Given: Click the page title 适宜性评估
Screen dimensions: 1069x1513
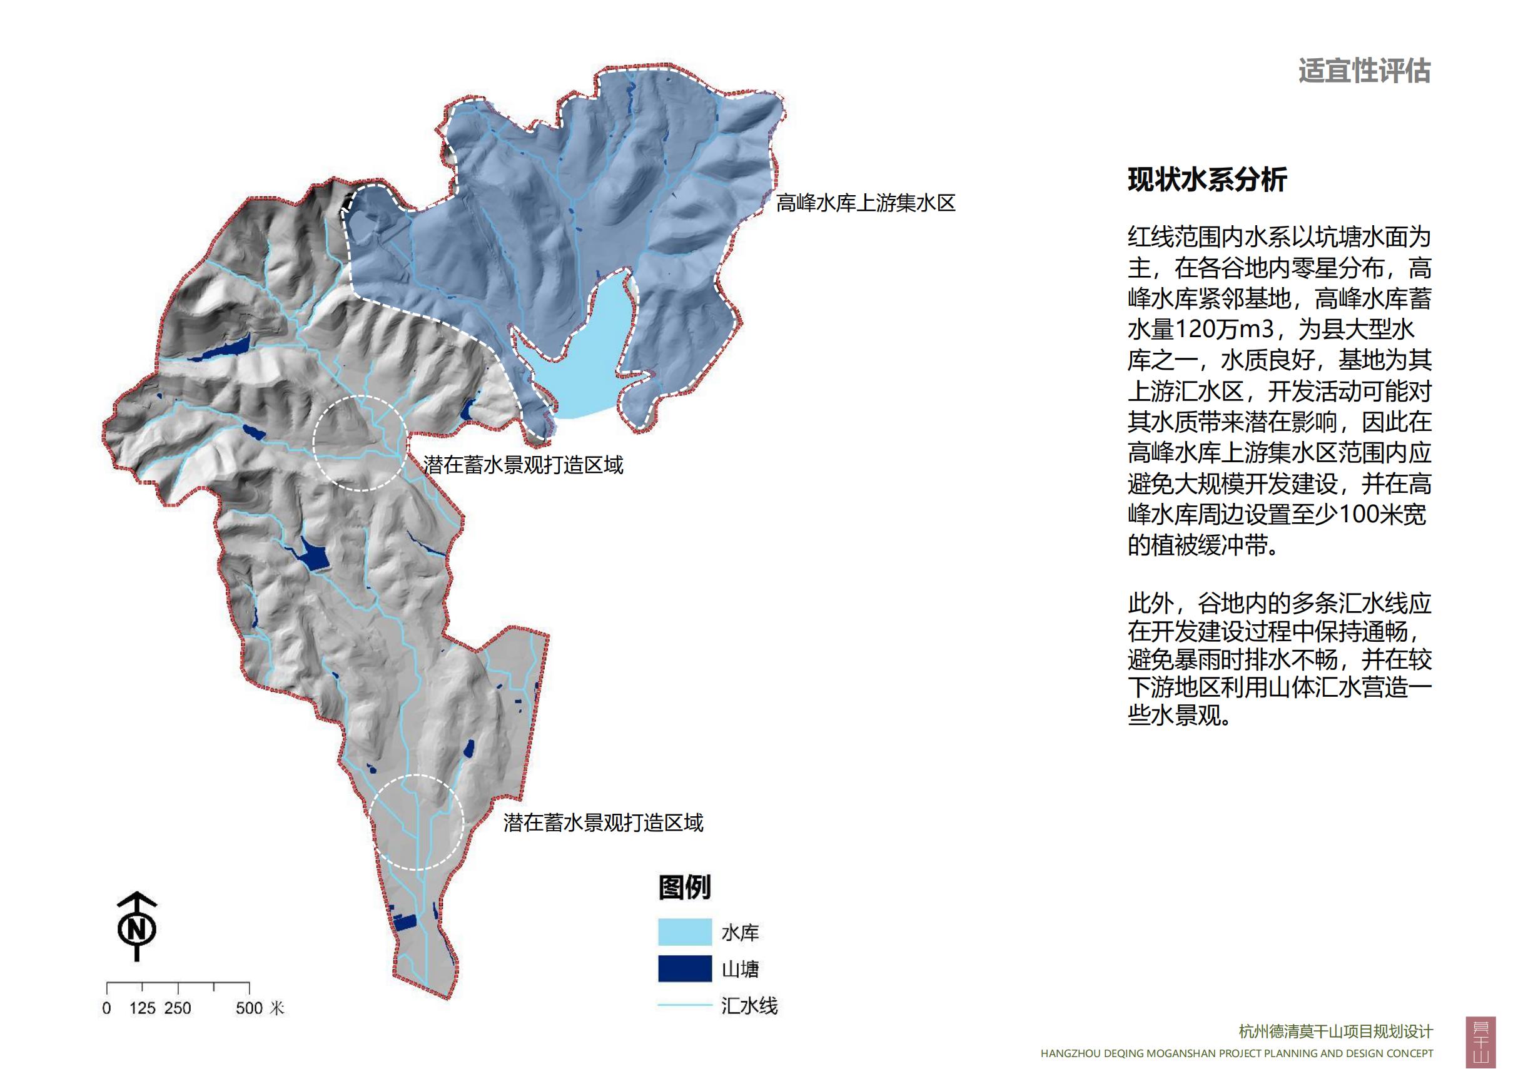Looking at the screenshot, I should [x=1364, y=71].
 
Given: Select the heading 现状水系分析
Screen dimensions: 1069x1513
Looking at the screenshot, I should [x=1207, y=180].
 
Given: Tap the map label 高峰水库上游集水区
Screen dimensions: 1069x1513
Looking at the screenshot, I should [x=865, y=203].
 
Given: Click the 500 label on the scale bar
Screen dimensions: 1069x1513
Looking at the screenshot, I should [x=249, y=1008].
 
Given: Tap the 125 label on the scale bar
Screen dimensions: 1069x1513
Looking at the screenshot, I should [x=143, y=1008].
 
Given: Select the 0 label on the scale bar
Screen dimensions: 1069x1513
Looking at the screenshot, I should [x=107, y=1008].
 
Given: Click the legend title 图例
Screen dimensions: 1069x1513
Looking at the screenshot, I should [x=684, y=887].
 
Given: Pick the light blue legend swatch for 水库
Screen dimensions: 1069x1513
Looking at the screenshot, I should [x=685, y=932].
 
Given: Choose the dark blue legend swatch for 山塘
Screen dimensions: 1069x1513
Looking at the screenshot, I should [x=685, y=968].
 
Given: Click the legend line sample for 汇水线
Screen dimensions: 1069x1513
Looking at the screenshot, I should [x=685, y=1005].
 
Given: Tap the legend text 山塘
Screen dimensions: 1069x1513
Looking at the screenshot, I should [x=740, y=969].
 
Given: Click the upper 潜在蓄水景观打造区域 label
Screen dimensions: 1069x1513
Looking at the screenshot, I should [x=524, y=465].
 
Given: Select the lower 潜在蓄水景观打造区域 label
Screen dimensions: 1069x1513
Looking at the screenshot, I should [x=603, y=823].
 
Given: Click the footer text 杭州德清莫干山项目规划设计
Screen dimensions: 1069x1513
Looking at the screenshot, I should [x=1336, y=1031].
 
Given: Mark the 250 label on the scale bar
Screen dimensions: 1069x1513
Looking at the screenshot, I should [x=178, y=1008].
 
